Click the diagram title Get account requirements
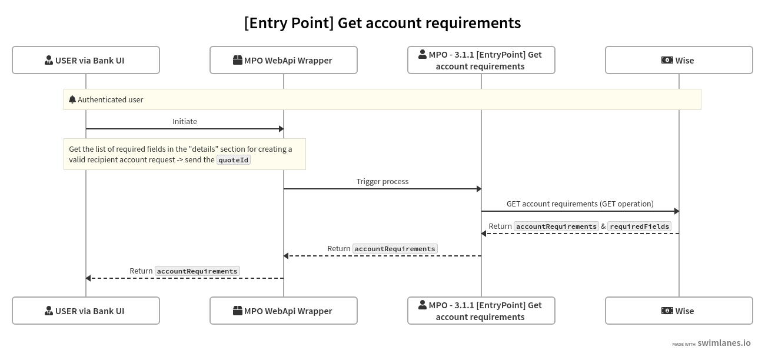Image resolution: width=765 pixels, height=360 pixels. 382,23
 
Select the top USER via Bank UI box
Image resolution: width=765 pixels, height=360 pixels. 86,60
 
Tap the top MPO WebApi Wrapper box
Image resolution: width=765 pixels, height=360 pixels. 284,60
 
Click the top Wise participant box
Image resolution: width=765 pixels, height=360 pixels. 679,60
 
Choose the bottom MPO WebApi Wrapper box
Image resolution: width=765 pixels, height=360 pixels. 284,311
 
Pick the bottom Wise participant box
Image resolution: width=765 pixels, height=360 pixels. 679,311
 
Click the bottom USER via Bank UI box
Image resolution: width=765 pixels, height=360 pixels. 86,311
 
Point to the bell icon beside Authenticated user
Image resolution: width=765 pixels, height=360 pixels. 72,99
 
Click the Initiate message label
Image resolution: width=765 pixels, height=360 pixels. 185,121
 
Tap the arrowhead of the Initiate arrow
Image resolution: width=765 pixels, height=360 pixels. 281,129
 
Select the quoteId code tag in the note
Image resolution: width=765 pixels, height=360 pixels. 234,159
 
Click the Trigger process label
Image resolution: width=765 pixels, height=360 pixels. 382,181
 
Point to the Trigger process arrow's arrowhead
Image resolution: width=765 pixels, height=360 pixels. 478,189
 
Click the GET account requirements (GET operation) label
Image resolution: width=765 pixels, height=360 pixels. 580,204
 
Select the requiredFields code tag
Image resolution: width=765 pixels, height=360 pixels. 639,226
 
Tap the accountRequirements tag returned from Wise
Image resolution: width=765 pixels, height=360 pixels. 556,226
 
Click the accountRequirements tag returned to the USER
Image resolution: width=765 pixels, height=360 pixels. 197,271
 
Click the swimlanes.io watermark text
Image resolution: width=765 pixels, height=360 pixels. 724,343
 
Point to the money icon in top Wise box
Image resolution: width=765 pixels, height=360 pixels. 667,60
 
